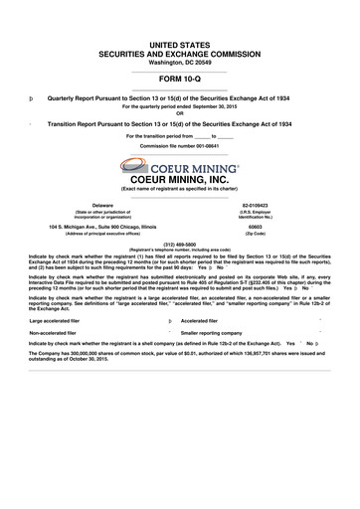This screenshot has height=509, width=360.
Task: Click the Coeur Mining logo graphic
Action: coord(180,165)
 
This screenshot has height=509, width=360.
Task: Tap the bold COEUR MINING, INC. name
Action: coord(180,179)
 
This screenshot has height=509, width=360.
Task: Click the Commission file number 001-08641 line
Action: coord(180,145)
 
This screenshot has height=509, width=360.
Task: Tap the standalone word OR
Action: coord(180,111)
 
